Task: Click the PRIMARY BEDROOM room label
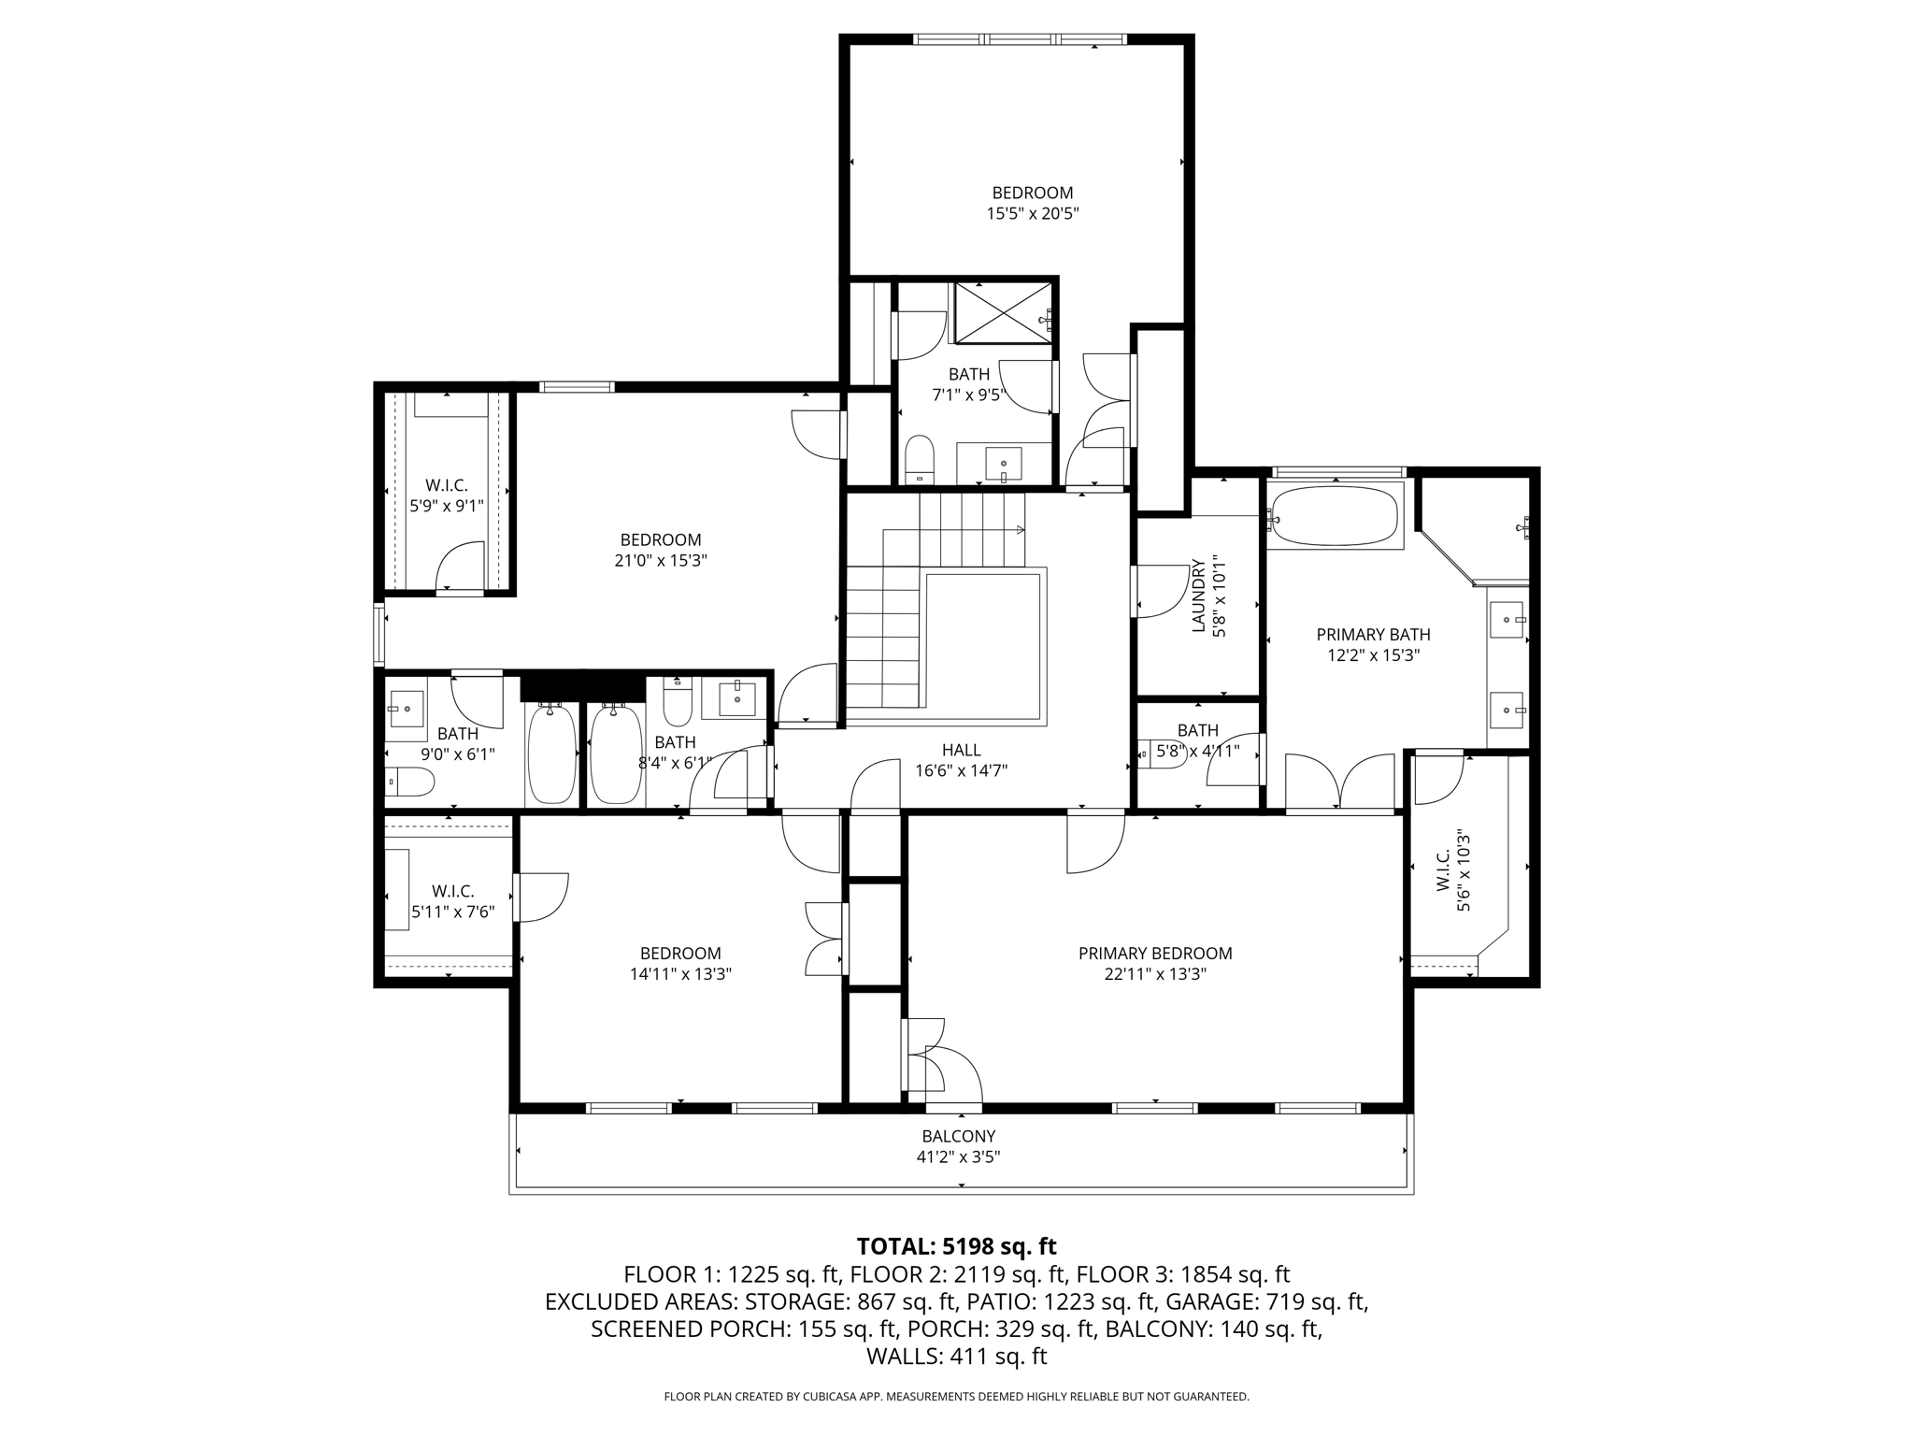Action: click(x=1155, y=954)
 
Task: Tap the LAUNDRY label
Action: click(x=1198, y=596)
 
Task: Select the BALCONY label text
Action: click(x=959, y=1136)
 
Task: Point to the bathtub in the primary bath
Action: click(x=1336, y=514)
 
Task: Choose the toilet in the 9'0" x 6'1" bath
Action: click(x=409, y=782)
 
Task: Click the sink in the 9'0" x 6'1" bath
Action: click(x=406, y=710)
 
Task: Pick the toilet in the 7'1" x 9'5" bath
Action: click(x=920, y=459)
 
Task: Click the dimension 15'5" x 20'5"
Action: click(x=1033, y=213)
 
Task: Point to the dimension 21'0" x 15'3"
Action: click(x=661, y=560)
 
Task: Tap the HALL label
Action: click(x=962, y=750)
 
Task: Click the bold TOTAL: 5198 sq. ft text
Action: click(x=957, y=1246)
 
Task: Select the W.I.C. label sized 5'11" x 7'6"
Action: click(x=453, y=891)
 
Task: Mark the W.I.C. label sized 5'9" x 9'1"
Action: click(x=447, y=485)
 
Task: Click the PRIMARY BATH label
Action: click(x=1373, y=635)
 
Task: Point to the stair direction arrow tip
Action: click(x=1024, y=530)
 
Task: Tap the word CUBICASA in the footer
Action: click(x=830, y=1397)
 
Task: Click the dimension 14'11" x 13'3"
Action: click(x=680, y=974)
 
